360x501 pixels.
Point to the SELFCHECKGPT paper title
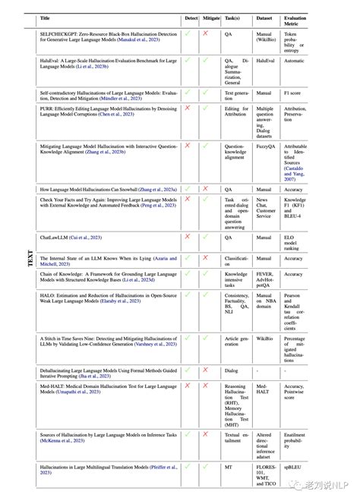[106, 38]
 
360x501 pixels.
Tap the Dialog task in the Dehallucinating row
[232, 370]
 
